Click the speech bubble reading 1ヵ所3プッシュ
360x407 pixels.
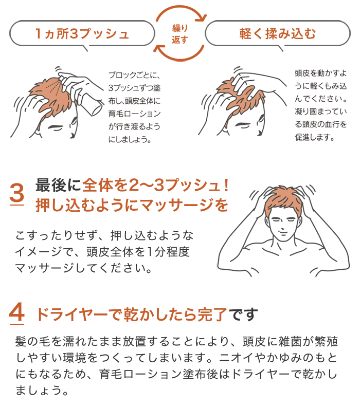coord(82,34)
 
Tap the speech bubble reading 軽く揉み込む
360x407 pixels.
coord(277,34)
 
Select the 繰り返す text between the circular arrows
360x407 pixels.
coord(179,35)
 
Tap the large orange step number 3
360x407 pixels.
coord(17,195)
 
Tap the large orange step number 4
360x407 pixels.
coord(17,313)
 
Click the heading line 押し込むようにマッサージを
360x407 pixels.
coord(131,205)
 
